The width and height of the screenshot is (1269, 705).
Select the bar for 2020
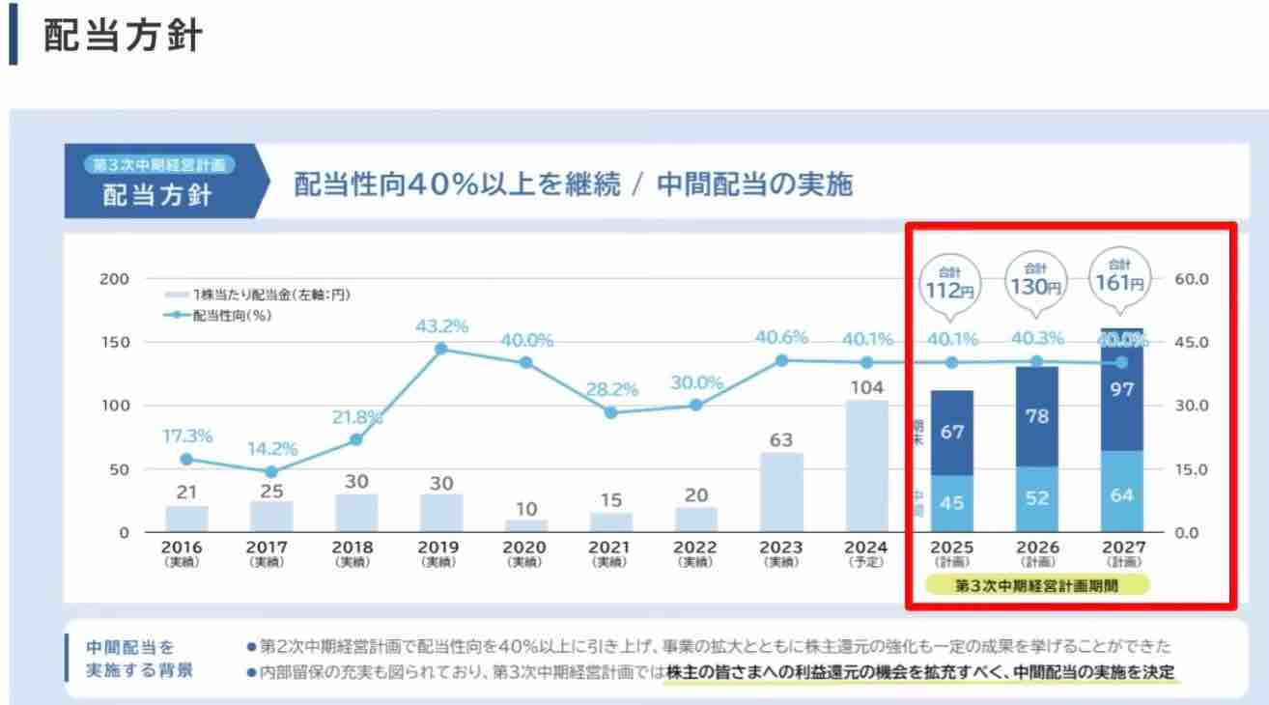point(526,526)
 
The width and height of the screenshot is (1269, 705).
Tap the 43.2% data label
point(441,326)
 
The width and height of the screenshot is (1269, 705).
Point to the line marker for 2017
point(271,472)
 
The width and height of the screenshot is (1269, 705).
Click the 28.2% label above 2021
point(611,390)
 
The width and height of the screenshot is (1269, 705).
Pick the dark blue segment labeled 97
point(1121,390)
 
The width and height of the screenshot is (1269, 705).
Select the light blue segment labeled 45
point(951,503)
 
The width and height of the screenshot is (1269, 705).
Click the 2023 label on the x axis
point(781,548)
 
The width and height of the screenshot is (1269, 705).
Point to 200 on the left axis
point(114,279)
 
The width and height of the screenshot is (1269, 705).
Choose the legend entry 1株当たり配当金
point(256,295)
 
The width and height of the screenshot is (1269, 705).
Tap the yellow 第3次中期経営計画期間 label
point(1036,585)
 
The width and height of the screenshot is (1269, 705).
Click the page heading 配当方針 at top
point(123,36)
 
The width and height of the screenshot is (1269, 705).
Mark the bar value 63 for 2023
point(781,440)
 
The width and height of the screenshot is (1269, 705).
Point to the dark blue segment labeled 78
point(1036,417)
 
